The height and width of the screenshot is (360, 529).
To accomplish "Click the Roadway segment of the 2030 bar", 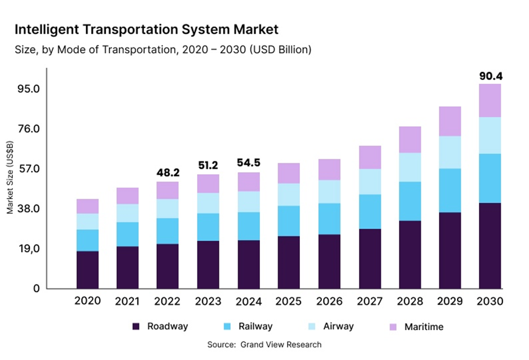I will click(x=490, y=245).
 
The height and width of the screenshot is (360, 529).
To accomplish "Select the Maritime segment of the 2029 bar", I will click(x=450, y=121).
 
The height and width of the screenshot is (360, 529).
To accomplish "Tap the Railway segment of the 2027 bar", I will click(x=370, y=211).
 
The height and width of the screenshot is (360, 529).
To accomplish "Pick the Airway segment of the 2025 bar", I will click(x=289, y=195).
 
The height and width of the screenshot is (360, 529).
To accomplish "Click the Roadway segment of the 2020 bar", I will click(x=88, y=269).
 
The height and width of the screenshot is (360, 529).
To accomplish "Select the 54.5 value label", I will click(x=249, y=163).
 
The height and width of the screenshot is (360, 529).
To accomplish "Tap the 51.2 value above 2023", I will click(x=208, y=165).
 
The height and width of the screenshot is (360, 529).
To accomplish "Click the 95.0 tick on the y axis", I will click(x=28, y=89).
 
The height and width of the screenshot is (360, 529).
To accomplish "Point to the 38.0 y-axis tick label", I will click(x=28, y=209).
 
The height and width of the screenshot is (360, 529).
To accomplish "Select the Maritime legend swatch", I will click(x=393, y=327).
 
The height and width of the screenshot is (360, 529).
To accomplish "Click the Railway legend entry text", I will click(x=255, y=326).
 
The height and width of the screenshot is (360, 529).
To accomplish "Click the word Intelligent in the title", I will click(x=45, y=29).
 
